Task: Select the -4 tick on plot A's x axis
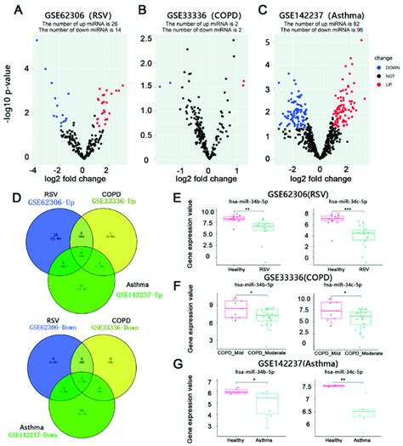point(31,169)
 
